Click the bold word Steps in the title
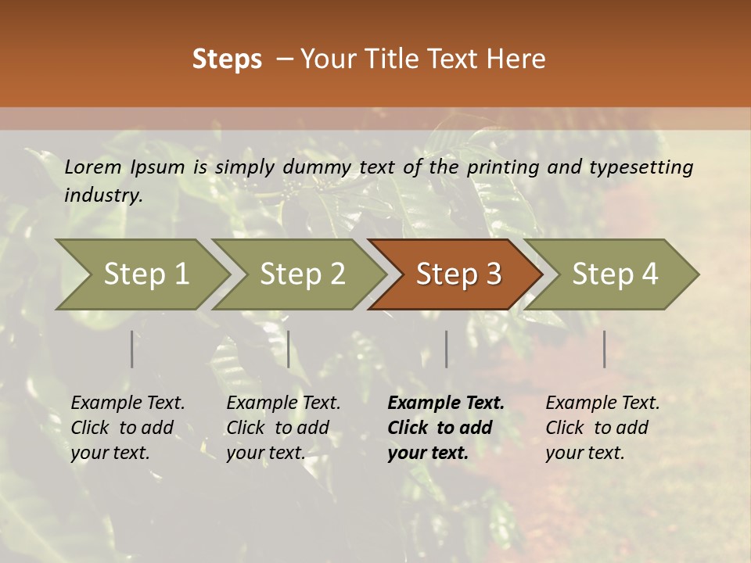point(227,59)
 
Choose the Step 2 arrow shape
point(300,274)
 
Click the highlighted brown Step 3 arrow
point(456,274)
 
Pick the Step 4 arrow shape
point(613,274)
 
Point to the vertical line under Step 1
point(131,349)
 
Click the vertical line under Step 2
point(289,349)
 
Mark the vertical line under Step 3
point(446,349)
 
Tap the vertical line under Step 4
point(604,349)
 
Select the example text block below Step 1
point(128,428)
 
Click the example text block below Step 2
point(283,428)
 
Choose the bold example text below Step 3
point(445,428)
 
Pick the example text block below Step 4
point(602,428)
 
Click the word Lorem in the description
point(93,167)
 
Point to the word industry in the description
point(103,195)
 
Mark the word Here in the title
point(517,59)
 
